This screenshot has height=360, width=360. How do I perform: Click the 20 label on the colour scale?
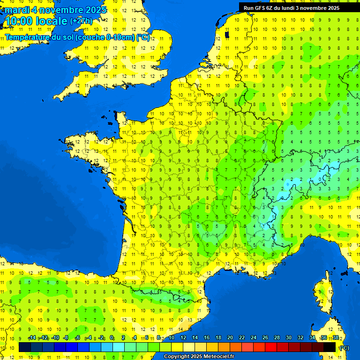230,338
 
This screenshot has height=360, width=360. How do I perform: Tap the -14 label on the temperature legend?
32,338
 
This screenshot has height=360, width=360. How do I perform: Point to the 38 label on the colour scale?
336,338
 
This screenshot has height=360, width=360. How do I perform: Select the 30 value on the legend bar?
289,338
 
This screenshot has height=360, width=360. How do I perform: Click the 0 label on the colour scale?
112,338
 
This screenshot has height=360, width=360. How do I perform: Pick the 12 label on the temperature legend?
183,338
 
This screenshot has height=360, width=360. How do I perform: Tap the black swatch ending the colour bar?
330,347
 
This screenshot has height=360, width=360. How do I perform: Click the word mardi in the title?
17,10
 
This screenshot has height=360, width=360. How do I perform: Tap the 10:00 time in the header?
19,21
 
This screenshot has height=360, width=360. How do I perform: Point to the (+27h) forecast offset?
81,21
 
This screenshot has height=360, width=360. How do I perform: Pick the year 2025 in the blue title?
96,10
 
